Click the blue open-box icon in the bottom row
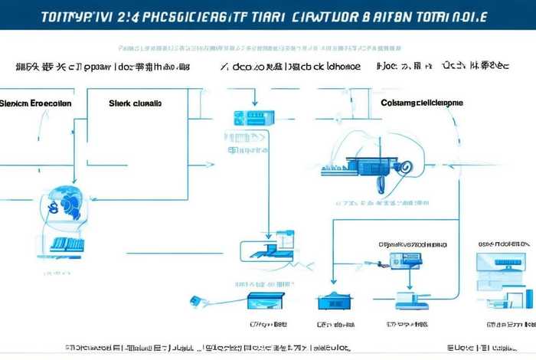click(266, 298)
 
